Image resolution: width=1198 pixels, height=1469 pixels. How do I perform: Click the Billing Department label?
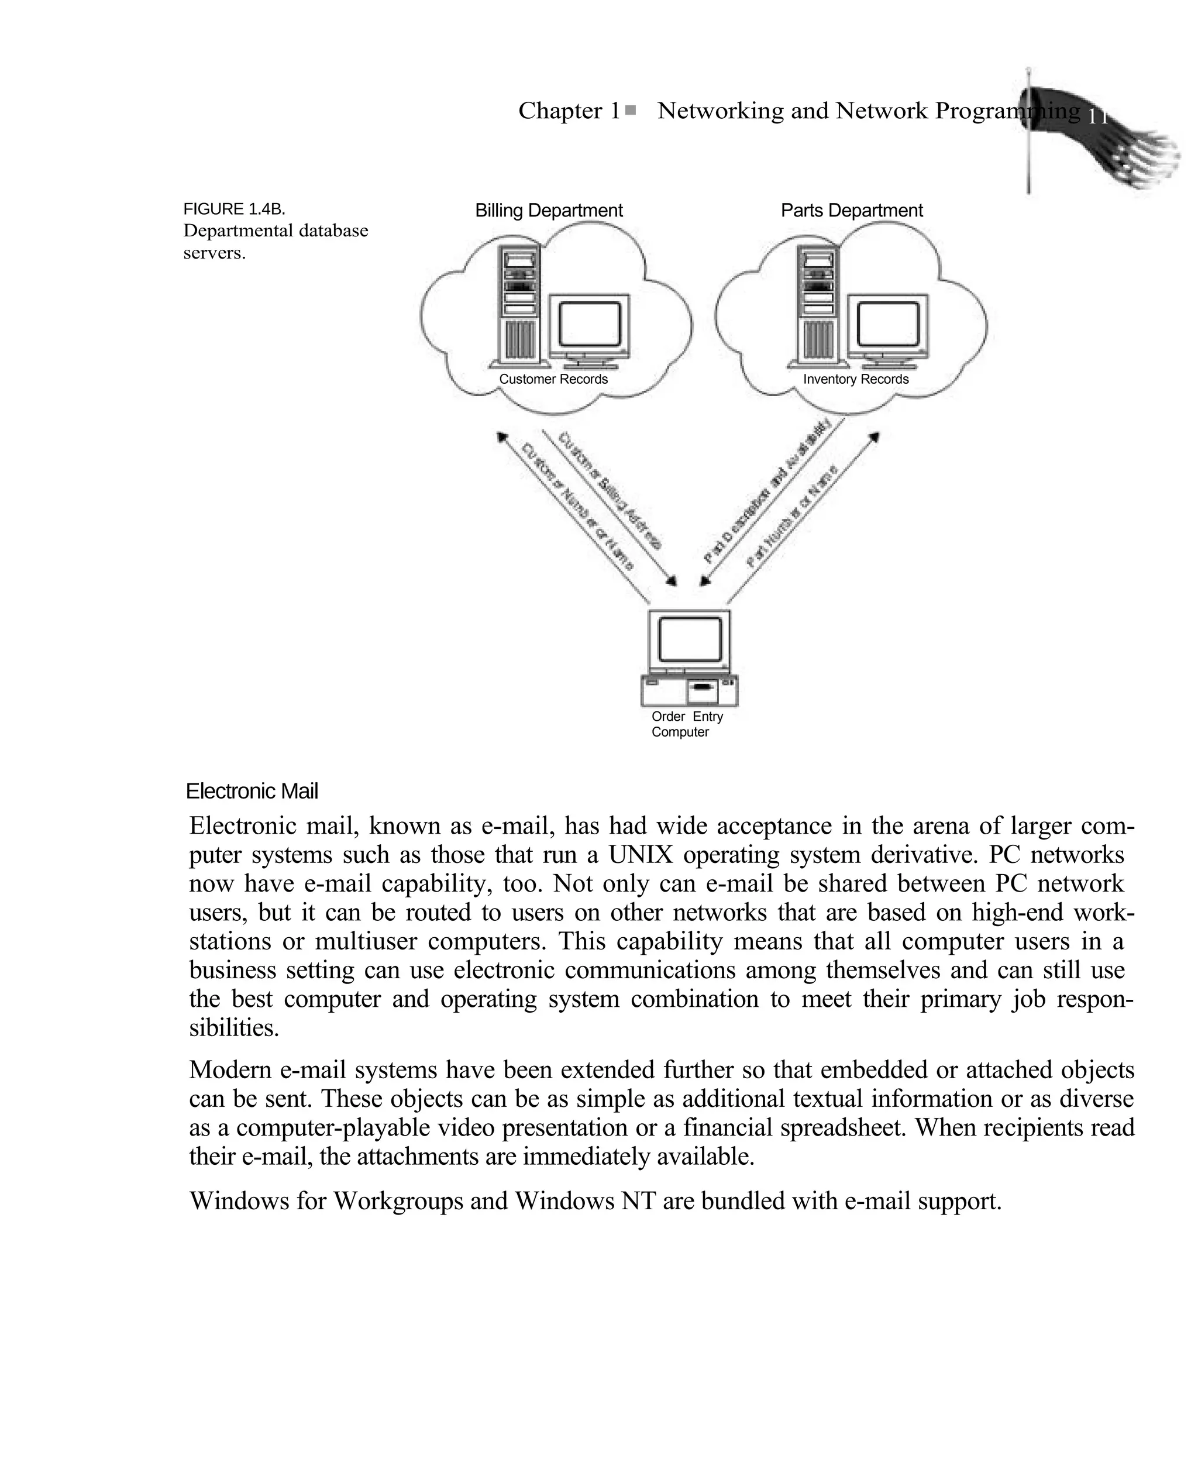click(x=549, y=211)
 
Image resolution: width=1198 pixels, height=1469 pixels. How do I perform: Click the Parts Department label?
click(x=852, y=211)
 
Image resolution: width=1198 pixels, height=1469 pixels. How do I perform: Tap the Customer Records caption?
click(x=553, y=379)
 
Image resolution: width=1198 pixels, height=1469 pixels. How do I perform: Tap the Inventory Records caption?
click(x=856, y=379)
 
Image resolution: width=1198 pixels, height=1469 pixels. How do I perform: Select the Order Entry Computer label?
click(x=687, y=724)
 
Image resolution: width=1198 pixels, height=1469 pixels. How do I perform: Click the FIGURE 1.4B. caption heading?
click(x=234, y=209)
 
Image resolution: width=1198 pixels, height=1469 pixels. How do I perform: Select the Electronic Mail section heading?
click(x=252, y=792)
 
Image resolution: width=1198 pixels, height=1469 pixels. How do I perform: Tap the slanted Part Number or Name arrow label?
click(x=792, y=515)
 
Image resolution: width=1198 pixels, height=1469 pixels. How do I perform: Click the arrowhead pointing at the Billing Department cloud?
click(x=502, y=438)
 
